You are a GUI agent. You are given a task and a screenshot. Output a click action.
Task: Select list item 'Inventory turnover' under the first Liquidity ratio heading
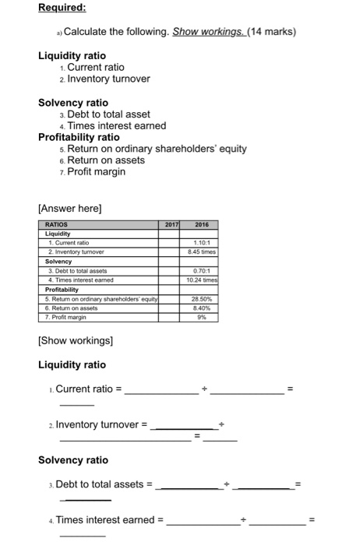(108, 79)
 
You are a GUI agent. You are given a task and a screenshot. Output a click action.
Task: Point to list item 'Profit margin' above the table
(97, 171)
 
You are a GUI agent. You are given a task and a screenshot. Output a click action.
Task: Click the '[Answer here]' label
(70, 208)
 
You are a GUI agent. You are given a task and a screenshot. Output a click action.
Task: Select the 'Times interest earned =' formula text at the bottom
(110, 519)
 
